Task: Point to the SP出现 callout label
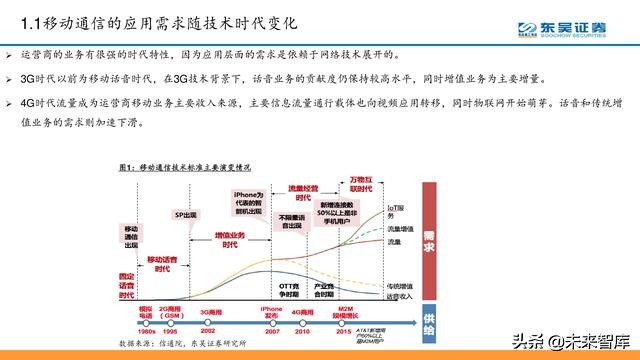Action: pyautogui.click(x=186, y=214)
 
